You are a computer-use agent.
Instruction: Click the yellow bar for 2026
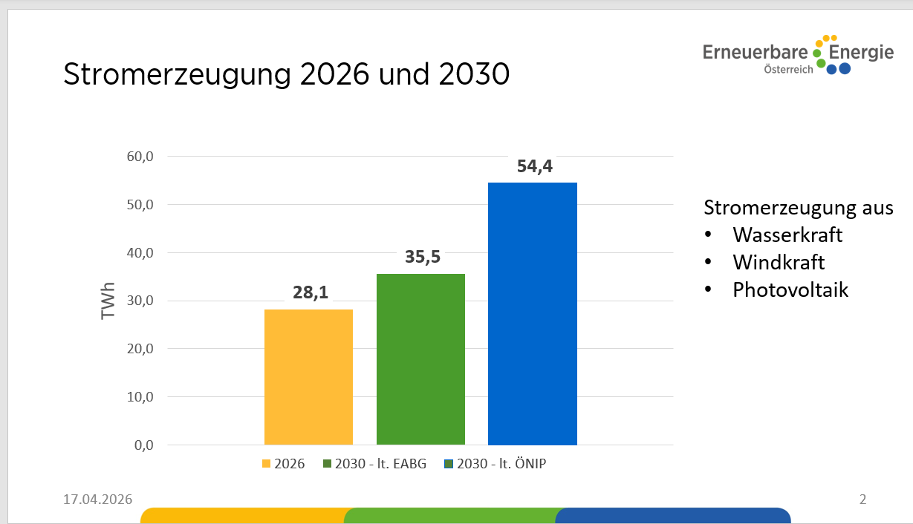coord(308,377)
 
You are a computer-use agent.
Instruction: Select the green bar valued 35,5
coord(420,359)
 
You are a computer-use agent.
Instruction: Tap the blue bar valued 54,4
coord(532,313)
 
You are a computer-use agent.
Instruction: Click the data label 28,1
coord(310,292)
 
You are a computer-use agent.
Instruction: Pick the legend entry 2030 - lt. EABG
coord(374,464)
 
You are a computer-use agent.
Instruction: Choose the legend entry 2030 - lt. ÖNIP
coord(499,464)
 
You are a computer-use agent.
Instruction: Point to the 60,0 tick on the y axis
coord(140,157)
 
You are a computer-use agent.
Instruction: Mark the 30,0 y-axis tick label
coord(140,301)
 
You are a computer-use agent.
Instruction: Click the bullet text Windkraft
coord(779,262)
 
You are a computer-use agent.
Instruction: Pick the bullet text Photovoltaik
coord(790,289)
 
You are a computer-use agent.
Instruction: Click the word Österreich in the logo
coord(788,69)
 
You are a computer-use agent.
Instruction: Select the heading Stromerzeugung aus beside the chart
coord(799,207)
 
